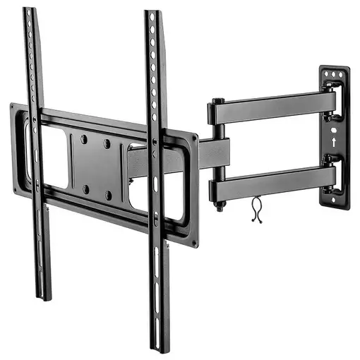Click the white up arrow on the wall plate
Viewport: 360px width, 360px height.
pyautogui.click(x=332, y=142)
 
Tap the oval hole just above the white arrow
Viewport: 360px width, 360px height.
pyautogui.click(x=332, y=128)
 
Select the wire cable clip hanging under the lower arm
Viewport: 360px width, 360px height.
pyautogui.click(x=257, y=210)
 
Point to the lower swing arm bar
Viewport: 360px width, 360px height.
pyautogui.click(x=272, y=183)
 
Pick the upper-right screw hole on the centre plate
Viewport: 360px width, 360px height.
pyautogui.click(x=107, y=143)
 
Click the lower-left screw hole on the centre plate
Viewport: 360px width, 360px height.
pyautogui.click(x=85, y=188)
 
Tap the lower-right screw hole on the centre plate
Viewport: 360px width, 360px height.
pyautogui.click(x=108, y=195)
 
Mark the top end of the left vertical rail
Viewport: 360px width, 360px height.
pyautogui.click(x=28, y=11)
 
